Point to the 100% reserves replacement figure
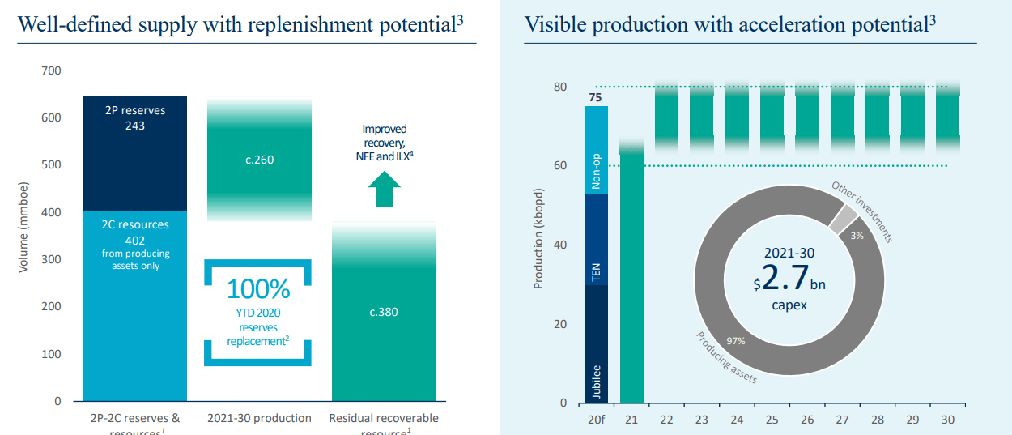(x=258, y=289)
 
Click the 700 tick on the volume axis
(x=52, y=71)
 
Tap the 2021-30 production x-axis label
(x=259, y=418)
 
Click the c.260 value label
(x=259, y=160)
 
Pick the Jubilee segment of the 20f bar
(x=596, y=344)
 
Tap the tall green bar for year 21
(x=631, y=275)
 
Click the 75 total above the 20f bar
(x=595, y=98)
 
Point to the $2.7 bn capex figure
(x=789, y=278)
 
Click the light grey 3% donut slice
(x=843, y=219)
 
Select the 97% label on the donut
(x=735, y=341)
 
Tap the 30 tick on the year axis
(x=948, y=420)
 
